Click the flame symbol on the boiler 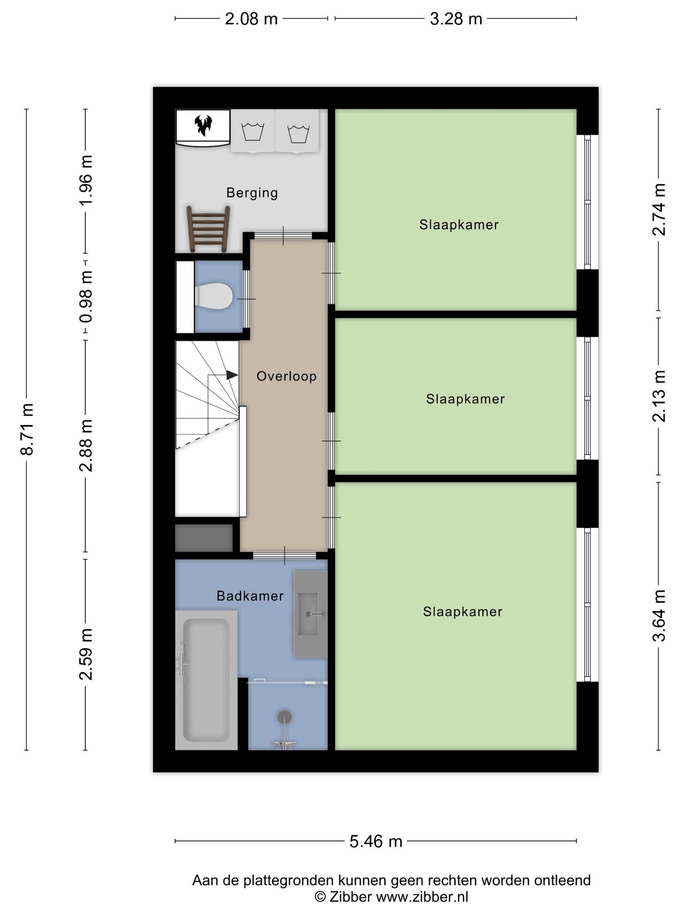click(203, 125)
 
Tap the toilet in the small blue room click(214, 296)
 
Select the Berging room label click(252, 193)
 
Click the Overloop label click(286, 376)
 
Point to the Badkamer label click(250, 596)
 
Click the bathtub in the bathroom click(206, 680)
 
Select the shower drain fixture click(284, 717)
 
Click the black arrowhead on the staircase click(232, 375)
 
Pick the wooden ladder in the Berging click(208, 228)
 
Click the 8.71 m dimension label click(27, 429)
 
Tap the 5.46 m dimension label click(376, 841)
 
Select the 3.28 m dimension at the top click(456, 19)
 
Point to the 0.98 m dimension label click(86, 296)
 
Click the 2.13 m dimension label click(659, 396)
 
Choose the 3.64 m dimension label click(659, 615)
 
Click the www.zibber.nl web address click(422, 897)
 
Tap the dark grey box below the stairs click(204, 538)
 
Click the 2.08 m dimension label click(251, 19)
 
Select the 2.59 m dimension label click(86, 654)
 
